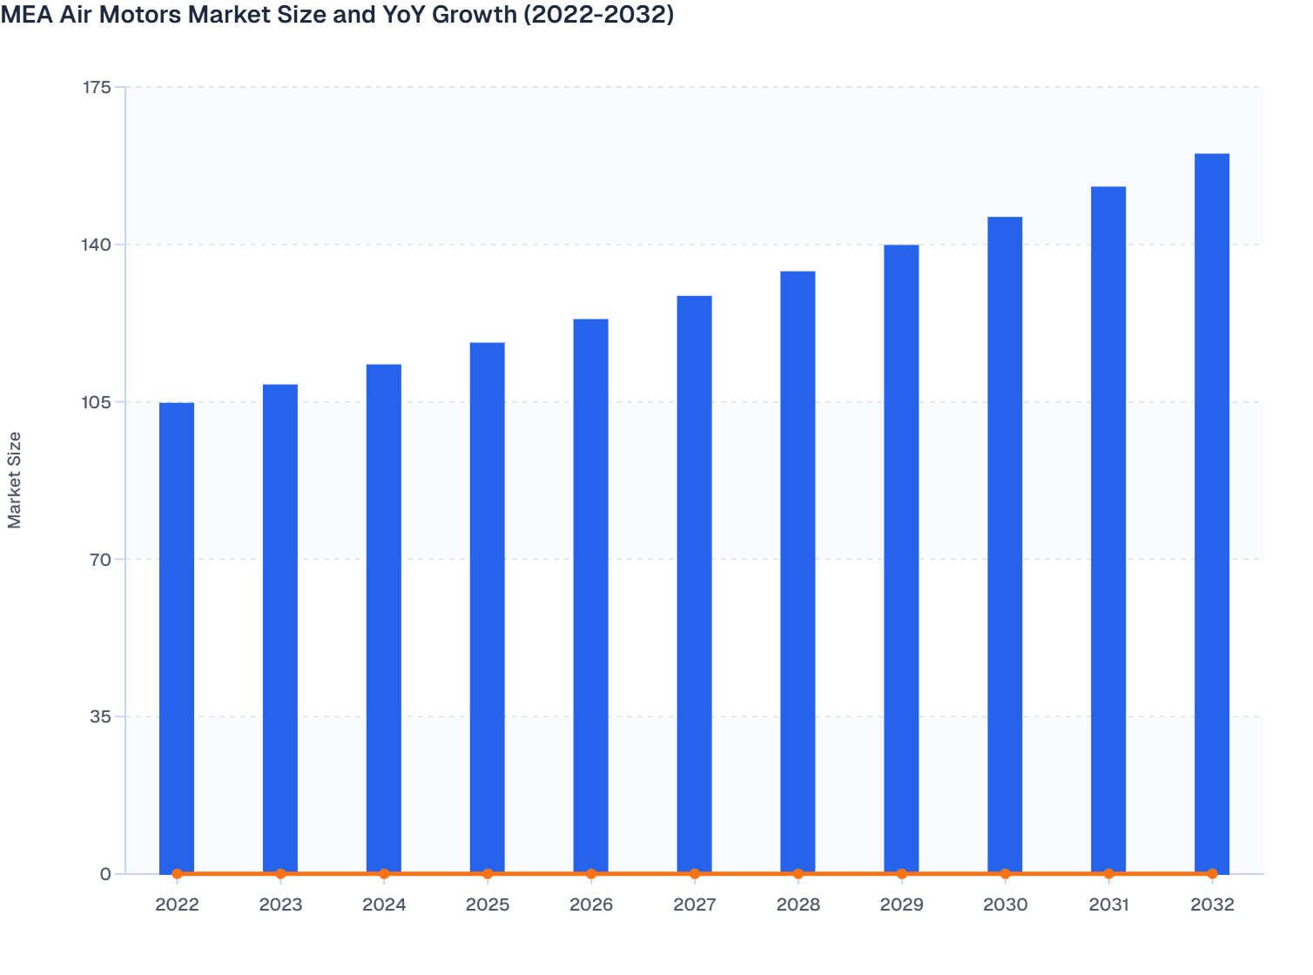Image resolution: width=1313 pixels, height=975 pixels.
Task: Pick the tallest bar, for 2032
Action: (1212, 514)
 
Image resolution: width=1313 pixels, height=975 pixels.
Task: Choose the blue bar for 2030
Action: (1005, 545)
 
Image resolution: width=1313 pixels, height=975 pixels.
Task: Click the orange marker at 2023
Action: (280, 873)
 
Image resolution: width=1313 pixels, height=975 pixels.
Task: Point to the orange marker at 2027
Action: (695, 873)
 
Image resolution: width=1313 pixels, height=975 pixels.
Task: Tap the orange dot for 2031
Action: (1108, 873)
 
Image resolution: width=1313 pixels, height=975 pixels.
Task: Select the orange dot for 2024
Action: (384, 873)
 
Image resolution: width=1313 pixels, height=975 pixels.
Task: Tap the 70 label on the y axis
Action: (100, 559)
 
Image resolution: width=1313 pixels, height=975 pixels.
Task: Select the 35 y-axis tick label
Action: (100, 716)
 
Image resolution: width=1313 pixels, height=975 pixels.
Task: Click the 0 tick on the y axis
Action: (105, 874)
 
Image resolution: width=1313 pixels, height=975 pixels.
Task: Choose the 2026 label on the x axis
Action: (591, 904)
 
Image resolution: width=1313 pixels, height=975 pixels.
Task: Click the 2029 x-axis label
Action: (901, 904)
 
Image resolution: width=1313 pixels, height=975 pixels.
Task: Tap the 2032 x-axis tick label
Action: (1212, 904)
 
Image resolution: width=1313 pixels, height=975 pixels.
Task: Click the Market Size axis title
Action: (15, 480)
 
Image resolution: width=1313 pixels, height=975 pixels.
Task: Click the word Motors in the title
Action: (145, 15)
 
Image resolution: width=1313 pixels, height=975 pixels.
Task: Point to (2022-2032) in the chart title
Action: (598, 15)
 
